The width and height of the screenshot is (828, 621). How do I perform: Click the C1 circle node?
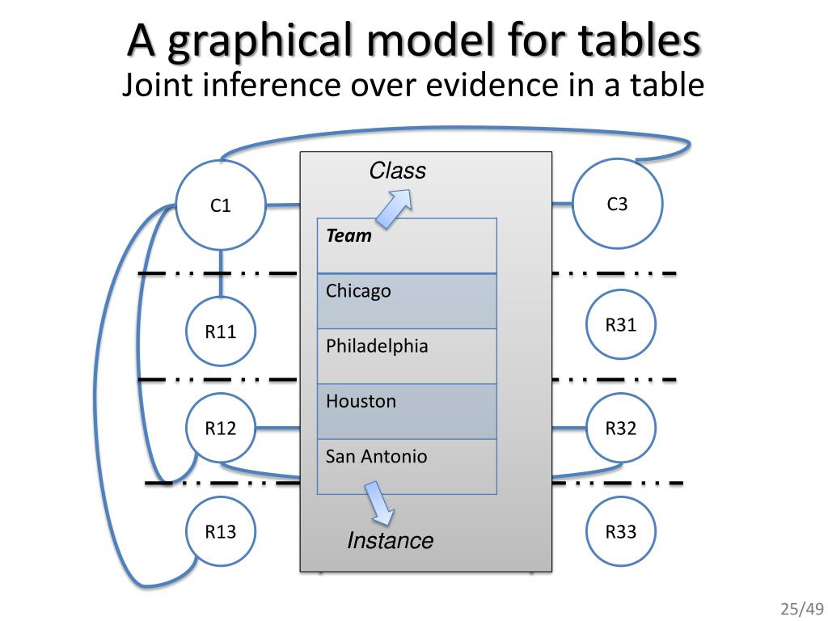(x=221, y=205)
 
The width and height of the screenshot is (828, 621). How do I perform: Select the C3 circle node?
(x=617, y=203)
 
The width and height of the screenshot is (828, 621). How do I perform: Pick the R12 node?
(x=221, y=429)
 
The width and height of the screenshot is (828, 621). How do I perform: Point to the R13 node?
(x=221, y=531)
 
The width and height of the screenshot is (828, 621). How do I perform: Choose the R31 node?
(x=620, y=325)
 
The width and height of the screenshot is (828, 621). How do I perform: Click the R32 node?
(x=620, y=429)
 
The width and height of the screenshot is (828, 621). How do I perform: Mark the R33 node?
(x=620, y=531)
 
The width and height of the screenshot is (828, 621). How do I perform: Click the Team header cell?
(x=407, y=246)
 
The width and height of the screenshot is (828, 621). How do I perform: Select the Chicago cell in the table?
(x=407, y=301)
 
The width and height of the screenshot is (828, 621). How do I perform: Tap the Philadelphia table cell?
(x=407, y=356)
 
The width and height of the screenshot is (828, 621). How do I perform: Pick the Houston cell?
(x=407, y=411)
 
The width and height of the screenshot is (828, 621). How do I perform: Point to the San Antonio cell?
(x=407, y=466)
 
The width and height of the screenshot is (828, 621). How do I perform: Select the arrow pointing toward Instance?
(x=378, y=503)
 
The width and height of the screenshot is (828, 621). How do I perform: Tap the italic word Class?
(x=397, y=171)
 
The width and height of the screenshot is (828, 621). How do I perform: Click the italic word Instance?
(x=390, y=540)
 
